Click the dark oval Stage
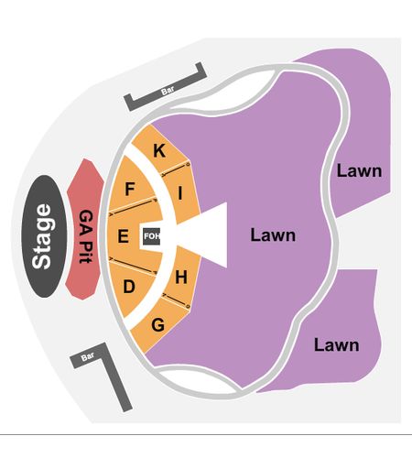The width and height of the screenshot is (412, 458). click(x=44, y=236)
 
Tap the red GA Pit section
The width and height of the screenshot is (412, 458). click(x=85, y=229)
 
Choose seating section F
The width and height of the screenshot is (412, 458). click(x=131, y=185)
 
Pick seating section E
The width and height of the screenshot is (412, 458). click(x=124, y=236)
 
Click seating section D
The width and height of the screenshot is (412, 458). click(x=130, y=287)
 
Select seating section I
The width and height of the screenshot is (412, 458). click(x=180, y=193)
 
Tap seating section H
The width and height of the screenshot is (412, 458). click(x=181, y=277)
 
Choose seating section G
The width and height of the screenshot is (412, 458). click(x=158, y=324)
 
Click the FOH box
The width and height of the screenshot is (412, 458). click(x=152, y=236)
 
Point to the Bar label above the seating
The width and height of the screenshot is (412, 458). click(x=168, y=90)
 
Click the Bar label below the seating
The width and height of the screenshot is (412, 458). click(x=88, y=356)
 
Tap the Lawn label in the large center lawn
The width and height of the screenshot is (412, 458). click(x=273, y=235)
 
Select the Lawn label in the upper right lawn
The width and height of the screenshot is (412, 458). click(x=359, y=171)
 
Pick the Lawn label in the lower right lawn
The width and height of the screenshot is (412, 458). click(x=337, y=345)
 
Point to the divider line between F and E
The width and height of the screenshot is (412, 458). click(x=133, y=206)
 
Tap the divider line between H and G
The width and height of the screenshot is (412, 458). click(x=177, y=300)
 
